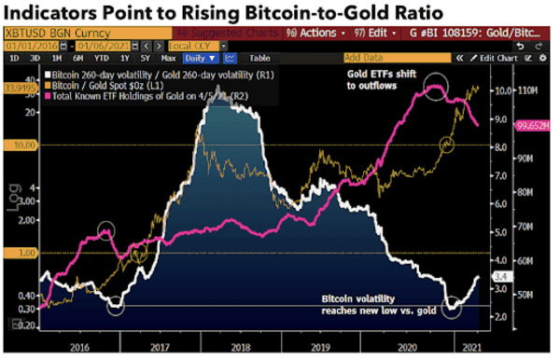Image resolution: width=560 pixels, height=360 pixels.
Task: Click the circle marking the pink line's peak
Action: click(436, 90)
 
